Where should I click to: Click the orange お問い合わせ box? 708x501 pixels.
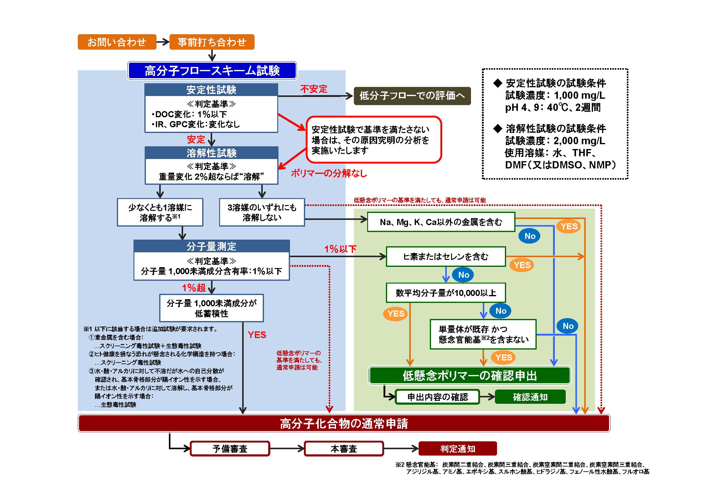(x=117, y=42)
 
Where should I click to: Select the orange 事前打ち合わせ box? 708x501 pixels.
(x=212, y=42)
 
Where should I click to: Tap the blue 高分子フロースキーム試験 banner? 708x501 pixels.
(x=212, y=71)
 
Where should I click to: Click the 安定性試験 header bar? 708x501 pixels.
(x=211, y=90)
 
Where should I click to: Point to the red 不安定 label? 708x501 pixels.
(x=314, y=89)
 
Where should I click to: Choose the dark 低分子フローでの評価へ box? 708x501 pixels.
(x=412, y=96)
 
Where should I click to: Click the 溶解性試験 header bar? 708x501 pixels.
(x=211, y=153)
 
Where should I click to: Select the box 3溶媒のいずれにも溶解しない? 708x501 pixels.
(x=262, y=212)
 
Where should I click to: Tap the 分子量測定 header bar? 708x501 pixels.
(x=212, y=246)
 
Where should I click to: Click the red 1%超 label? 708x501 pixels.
(x=194, y=287)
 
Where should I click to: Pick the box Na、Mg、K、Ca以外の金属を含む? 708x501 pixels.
(x=441, y=222)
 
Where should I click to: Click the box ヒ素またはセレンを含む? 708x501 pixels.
(x=446, y=256)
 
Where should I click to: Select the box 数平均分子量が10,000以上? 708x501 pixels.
(x=446, y=293)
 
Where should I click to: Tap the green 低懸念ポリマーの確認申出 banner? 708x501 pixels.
(x=469, y=375)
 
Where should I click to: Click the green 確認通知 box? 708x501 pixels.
(x=530, y=397)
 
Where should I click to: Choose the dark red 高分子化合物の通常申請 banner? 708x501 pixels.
(x=344, y=423)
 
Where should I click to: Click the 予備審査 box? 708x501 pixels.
(x=230, y=449)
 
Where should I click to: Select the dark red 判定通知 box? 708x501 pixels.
(x=458, y=449)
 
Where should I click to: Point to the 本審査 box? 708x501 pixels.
(x=344, y=449)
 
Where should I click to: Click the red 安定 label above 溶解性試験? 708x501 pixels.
(x=196, y=139)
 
